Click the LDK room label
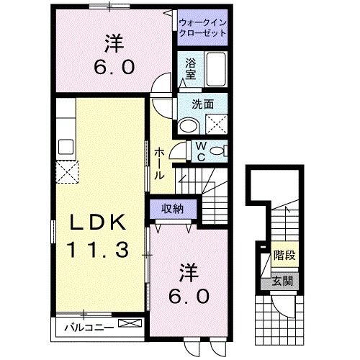pyautogui.click(x=99, y=223)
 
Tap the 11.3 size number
pyautogui.click(x=99, y=250)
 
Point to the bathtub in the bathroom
pyautogui.click(x=214, y=71)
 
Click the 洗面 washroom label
pyautogui.click(x=202, y=104)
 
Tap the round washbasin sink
pyautogui.click(x=189, y=126)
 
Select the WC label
pyautogui.click(x=202, y=150)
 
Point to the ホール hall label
pyautogui.click(x=159, y=163)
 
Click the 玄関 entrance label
pyautogui.click(x=283, y=281)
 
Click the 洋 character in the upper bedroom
pyautogui.click(x=111, y=45)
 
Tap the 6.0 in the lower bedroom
pyautogui.click(x=190, y=295)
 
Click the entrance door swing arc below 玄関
pyautogui.click(x=286, y=308)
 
